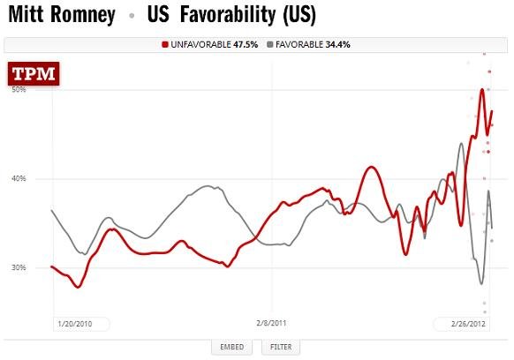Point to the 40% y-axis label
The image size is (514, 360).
click(x=18, y=179)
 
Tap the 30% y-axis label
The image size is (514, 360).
click(x=18, y=267)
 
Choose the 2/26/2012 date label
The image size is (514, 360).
click(x=465, y=324)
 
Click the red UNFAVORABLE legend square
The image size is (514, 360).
click(x=165, y=43)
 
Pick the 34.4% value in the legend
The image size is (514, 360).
click(x=337, y=43)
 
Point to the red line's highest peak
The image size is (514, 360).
click(x=481, y=89)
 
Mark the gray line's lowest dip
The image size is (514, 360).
click(x=481, y=283)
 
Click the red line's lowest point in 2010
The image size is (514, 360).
click(x=78, y=287)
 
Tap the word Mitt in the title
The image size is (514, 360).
click(x=26, y=15)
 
